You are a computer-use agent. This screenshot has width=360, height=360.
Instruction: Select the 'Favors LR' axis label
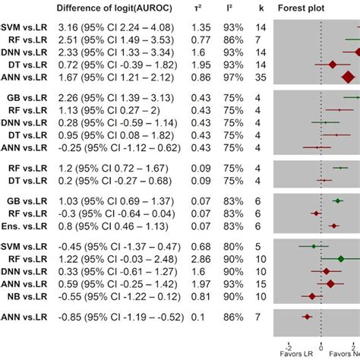[x=290, y=354]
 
